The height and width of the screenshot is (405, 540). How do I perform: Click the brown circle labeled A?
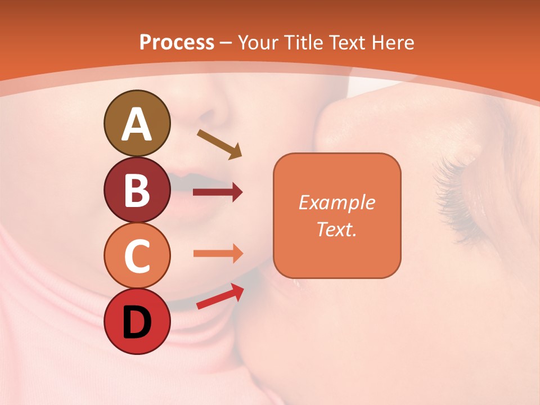[137, 123]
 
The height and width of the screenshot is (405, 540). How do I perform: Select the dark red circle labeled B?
[137, 190]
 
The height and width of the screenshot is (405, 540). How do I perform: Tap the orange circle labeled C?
[137, 256]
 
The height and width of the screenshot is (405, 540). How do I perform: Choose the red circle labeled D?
[137, 322]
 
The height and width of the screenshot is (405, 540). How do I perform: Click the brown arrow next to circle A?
[219, 144]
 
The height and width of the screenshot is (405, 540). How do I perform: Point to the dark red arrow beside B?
[218, 192]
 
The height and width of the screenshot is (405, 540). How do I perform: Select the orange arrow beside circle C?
[218, 253]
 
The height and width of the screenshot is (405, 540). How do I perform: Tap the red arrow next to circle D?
[220, 296]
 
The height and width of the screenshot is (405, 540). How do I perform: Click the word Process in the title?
[177, 42]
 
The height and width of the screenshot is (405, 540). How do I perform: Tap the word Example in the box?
[337, 202]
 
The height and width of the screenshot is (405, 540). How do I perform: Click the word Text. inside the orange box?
[337, 229]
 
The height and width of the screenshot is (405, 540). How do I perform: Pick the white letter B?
[137, 190]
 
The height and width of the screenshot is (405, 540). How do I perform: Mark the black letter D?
[137, 322]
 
